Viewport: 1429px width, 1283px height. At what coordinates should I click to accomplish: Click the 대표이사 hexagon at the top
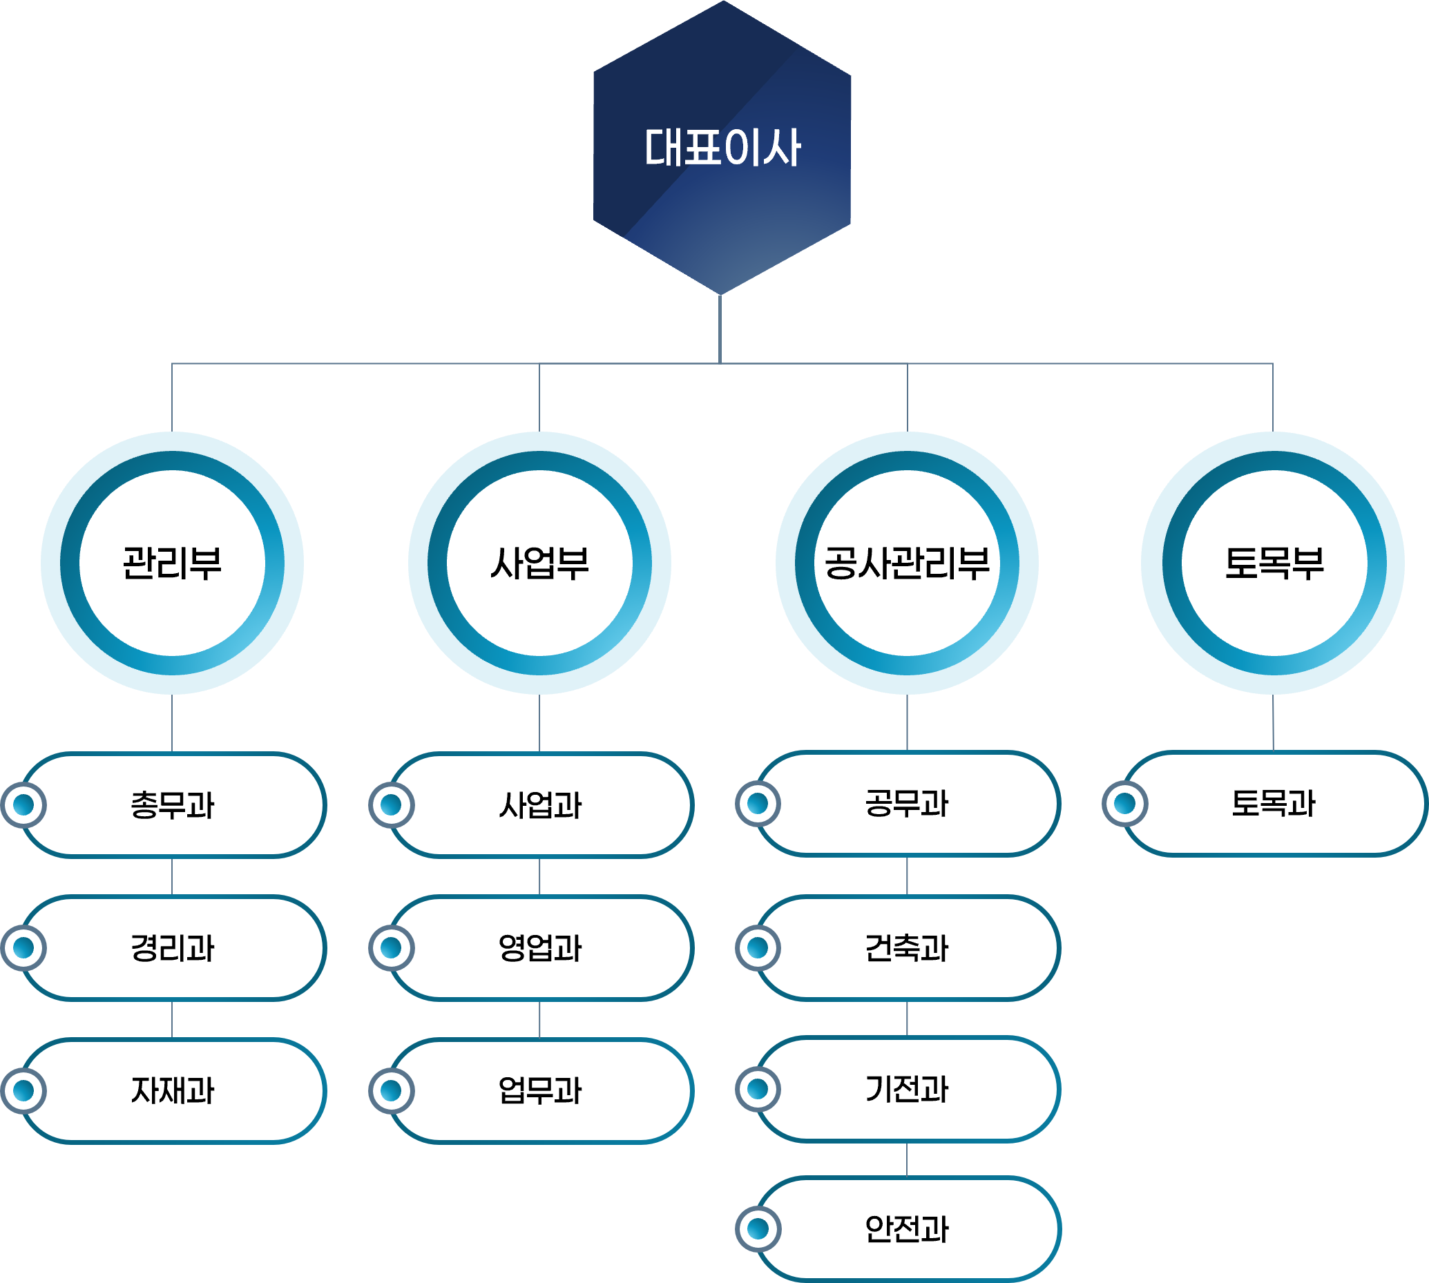coord(722,147)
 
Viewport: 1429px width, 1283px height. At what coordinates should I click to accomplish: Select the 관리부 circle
coord(172,563)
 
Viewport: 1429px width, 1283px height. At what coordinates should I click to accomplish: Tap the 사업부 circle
coord(539,563)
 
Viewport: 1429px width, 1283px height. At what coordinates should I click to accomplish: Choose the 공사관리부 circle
coord(907,563)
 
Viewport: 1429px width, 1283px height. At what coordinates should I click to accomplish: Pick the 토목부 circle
coord(1273,563)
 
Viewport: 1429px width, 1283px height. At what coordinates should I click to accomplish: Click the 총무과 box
coord(173,805)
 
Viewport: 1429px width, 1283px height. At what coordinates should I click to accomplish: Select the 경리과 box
coord(173,948)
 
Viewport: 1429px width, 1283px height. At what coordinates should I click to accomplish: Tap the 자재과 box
coord(173,1090)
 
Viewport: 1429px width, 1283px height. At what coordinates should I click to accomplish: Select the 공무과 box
coord(908,804)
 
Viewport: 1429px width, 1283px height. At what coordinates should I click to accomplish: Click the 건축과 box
coord(908,948)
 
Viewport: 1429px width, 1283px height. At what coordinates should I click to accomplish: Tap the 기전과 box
coord(908,1089)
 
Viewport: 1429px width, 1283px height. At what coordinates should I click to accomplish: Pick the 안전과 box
coord(908,1229)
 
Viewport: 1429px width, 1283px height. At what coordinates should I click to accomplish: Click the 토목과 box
coord(1274,804)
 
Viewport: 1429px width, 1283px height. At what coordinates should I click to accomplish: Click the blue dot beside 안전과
coord(758,1228)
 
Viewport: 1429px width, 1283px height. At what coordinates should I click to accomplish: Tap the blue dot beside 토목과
coord(1124,803)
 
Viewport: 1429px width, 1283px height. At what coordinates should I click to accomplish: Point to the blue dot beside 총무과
coord(23,804)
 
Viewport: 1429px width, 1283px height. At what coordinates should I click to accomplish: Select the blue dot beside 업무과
coord(390,1090)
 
